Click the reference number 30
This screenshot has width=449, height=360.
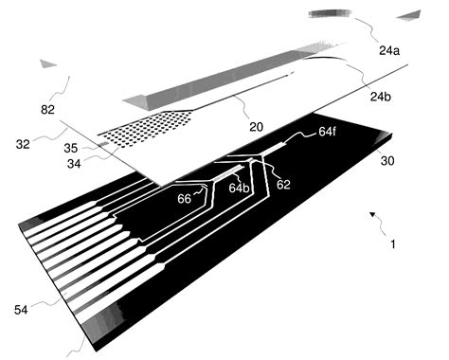(x=388, y=161)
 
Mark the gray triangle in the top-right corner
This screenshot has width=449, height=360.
(x=409, y=14)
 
